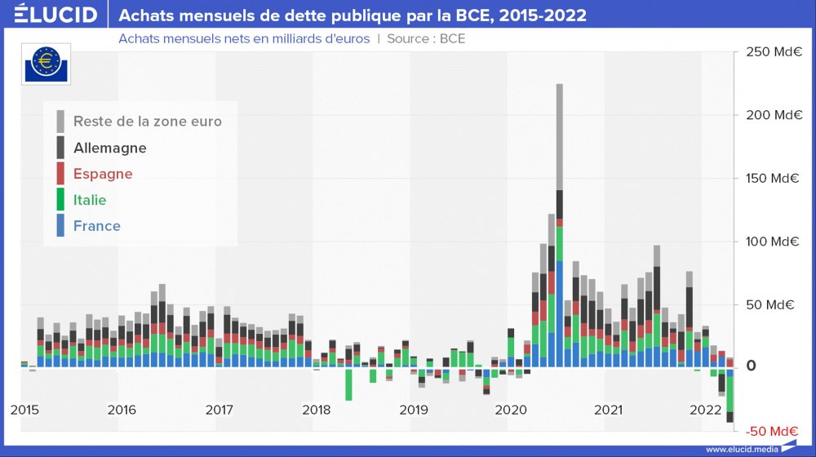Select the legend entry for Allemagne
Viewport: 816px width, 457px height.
(x=109, y=148)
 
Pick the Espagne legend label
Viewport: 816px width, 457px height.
(x=102, y=174)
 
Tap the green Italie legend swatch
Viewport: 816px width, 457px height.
(x=60, y=200)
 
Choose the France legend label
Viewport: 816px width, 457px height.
(x=96, y=226)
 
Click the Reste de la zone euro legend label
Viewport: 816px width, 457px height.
(x=147, y=122)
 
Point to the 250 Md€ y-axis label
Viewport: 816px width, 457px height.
(x=772, y=52)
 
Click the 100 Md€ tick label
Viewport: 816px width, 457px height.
(x=772, y=242)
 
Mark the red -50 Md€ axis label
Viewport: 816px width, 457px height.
(x=772, y=431)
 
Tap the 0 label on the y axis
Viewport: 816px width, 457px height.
(x=752, y=367)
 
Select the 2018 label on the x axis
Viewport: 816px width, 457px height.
(x=316, y=410)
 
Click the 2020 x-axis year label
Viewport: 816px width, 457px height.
(x=511, y=410)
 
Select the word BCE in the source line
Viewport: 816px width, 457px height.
(x=452, y=38)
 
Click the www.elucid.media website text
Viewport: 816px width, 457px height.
(x=741, y=449)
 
